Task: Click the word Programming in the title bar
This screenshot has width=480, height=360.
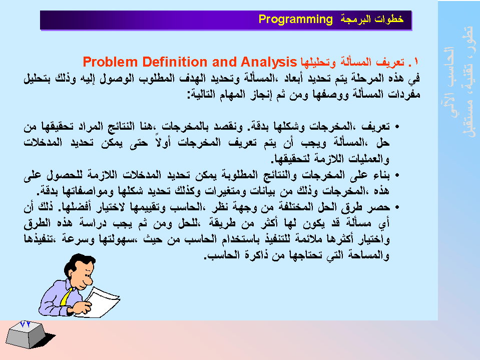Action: (295, 20)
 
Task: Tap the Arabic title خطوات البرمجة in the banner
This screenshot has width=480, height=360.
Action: (372, 19)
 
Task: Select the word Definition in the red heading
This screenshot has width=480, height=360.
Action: (175, 62)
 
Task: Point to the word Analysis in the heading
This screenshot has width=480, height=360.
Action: (269, 63)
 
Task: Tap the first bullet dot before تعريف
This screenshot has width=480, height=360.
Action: (397, 127)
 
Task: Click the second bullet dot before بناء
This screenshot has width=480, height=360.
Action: (397, 175)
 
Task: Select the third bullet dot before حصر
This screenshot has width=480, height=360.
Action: (397, 207)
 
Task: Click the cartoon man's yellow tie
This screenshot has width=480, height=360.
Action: (66, 296)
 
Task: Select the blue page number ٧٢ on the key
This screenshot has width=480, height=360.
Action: (25, 323)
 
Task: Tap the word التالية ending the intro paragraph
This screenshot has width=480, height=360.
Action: (201, 94)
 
